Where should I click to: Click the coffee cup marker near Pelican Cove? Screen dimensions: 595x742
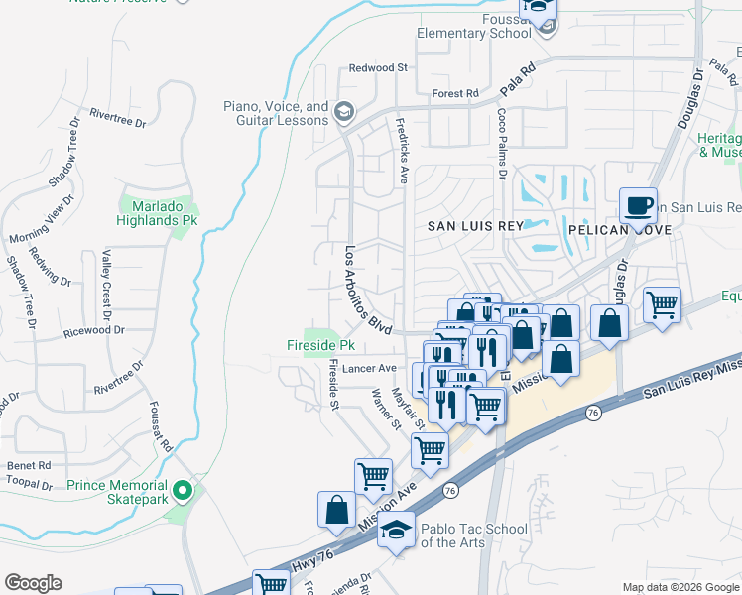pyautogui.click(x=639, y=206)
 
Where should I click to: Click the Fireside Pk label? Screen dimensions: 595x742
pyautogui.click(x=319, y=345)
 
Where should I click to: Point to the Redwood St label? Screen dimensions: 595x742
pyautogui.click(x=379, y=68)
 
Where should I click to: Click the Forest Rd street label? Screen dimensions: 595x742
pyautogui.click(x=455, y=94)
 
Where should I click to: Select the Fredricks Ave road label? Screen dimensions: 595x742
pyautogui.click(x=403, y=154)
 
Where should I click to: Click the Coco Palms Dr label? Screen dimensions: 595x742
pyautogui.click(x=503, y=145)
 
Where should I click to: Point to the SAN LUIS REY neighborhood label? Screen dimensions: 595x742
pyautogui.click(x=474, y=226)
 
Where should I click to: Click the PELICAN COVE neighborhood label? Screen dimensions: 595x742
pyautogui.click(x=620, y=229)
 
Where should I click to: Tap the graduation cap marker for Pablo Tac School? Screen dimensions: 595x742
pyautogui.click(x=398, y=534)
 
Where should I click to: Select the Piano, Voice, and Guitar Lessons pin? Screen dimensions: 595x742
pyautogui.click(x=343, y=112)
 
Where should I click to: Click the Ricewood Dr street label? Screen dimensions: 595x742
pyautogui.click(x=92, y=331)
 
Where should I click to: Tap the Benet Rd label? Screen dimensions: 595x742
pyautogui.click(x=29, y=465)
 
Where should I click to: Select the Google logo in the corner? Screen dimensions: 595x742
pyautogui.click(x=33, y=582)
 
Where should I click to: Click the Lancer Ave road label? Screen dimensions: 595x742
pyautogui.click(x=369, y=368)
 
